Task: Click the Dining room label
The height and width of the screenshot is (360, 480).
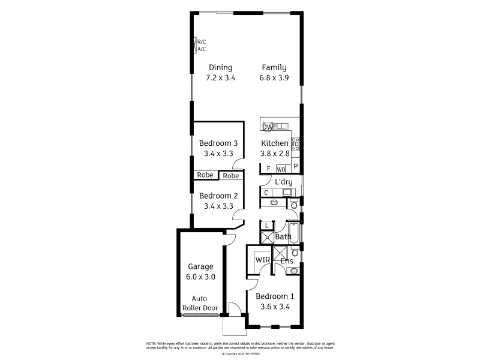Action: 220,68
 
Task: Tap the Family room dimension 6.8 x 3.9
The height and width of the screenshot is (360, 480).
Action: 274,78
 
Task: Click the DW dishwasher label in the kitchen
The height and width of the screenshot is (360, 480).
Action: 267,127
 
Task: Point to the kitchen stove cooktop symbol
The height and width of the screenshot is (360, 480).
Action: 295,143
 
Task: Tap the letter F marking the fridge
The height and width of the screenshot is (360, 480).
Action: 268,169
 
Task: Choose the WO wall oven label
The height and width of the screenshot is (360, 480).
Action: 281,169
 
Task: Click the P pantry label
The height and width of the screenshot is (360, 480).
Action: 295,167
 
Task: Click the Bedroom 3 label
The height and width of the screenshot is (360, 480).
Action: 218,143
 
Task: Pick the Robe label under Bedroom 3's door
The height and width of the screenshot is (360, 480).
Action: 231,176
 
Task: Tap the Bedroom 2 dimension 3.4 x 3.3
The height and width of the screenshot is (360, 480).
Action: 218,206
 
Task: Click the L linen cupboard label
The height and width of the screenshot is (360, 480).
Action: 267,226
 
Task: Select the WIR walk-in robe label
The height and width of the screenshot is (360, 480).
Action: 262,260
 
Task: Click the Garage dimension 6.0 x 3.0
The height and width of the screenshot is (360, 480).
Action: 201,277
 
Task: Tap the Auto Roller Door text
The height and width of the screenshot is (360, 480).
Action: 201,303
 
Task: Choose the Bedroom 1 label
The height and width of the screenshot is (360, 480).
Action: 274,296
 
